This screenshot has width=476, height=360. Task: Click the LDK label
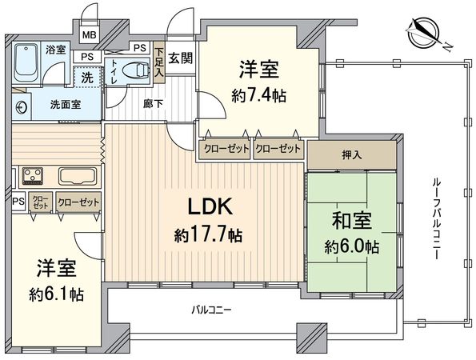click(x=210, y=207)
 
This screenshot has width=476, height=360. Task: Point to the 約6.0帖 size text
click(x=350, y=247)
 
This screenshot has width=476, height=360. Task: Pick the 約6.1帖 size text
click(x=55, y=293)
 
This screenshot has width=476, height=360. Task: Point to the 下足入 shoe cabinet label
click(x=159, y=62)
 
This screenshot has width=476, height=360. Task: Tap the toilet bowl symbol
click(x=141, y=71)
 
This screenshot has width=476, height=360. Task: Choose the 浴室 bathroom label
click(x=55, y=50)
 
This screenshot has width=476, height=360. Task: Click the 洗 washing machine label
click(x=86, y=78)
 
